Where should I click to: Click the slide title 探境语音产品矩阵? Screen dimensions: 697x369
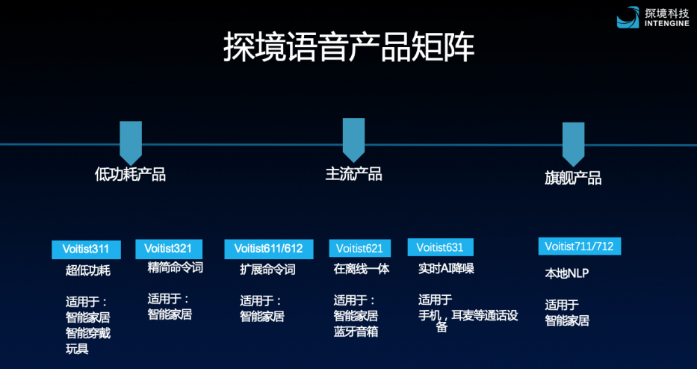point(348,47)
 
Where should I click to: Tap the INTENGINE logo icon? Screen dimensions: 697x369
point(628,17)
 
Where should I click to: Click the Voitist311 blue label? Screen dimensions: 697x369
point(86,249)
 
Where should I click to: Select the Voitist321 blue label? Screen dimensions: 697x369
point(169,249)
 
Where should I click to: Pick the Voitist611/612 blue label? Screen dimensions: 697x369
point(268,249)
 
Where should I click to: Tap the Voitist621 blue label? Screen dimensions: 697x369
point(359,248)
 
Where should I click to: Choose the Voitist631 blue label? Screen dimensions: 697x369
point(440,247)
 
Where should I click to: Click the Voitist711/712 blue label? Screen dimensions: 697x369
point(579,246)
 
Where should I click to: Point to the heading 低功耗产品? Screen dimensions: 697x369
point(130,175)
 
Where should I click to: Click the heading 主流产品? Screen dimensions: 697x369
point(353,174)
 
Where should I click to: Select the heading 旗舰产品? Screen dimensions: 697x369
point(573,178)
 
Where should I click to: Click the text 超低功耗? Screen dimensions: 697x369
point(88,270)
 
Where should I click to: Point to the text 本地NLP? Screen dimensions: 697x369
point(567,273)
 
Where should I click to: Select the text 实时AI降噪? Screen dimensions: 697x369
point(446,268)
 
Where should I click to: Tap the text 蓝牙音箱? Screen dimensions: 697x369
point(356,332)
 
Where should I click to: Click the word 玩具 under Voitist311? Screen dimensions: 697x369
point(77,349)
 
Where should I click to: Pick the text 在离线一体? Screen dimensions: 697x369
point(362,269)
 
